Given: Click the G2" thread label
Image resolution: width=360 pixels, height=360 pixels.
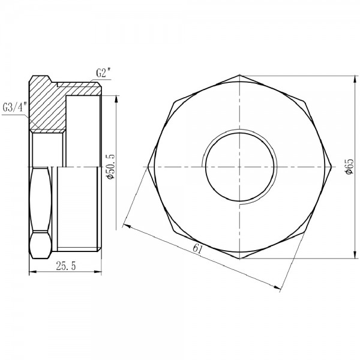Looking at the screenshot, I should [x=104, y=73].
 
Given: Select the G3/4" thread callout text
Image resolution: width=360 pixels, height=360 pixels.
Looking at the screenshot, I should [x=14, y=108].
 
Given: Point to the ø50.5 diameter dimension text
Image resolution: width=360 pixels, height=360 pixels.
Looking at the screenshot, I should [x=110, y=166].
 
